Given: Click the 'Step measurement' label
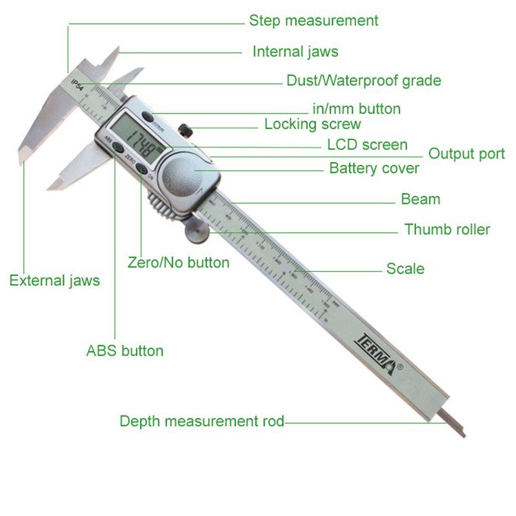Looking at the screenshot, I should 313,21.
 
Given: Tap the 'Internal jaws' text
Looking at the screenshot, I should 295,52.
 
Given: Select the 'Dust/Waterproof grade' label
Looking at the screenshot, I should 364,81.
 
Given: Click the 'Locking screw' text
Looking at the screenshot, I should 313,124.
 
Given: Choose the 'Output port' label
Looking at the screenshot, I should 467,154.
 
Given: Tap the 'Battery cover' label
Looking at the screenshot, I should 374,168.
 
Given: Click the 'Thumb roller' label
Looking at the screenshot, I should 447,229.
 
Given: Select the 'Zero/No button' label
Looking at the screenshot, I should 179,263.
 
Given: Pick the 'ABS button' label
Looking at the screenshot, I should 124,351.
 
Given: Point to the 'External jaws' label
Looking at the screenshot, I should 55,281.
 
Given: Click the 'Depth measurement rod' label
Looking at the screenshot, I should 202,421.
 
